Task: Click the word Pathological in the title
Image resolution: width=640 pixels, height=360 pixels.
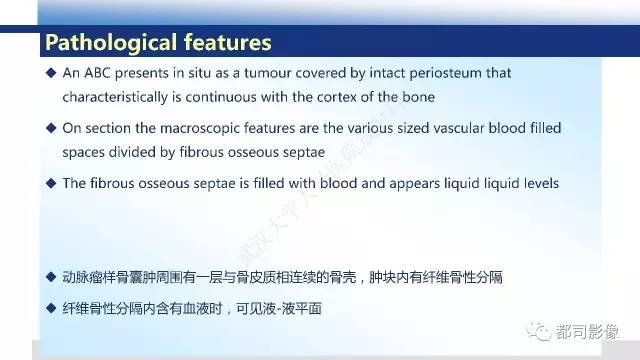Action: click(x=104, y=43)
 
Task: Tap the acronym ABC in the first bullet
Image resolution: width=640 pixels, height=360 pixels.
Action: click(x=95, y=74)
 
